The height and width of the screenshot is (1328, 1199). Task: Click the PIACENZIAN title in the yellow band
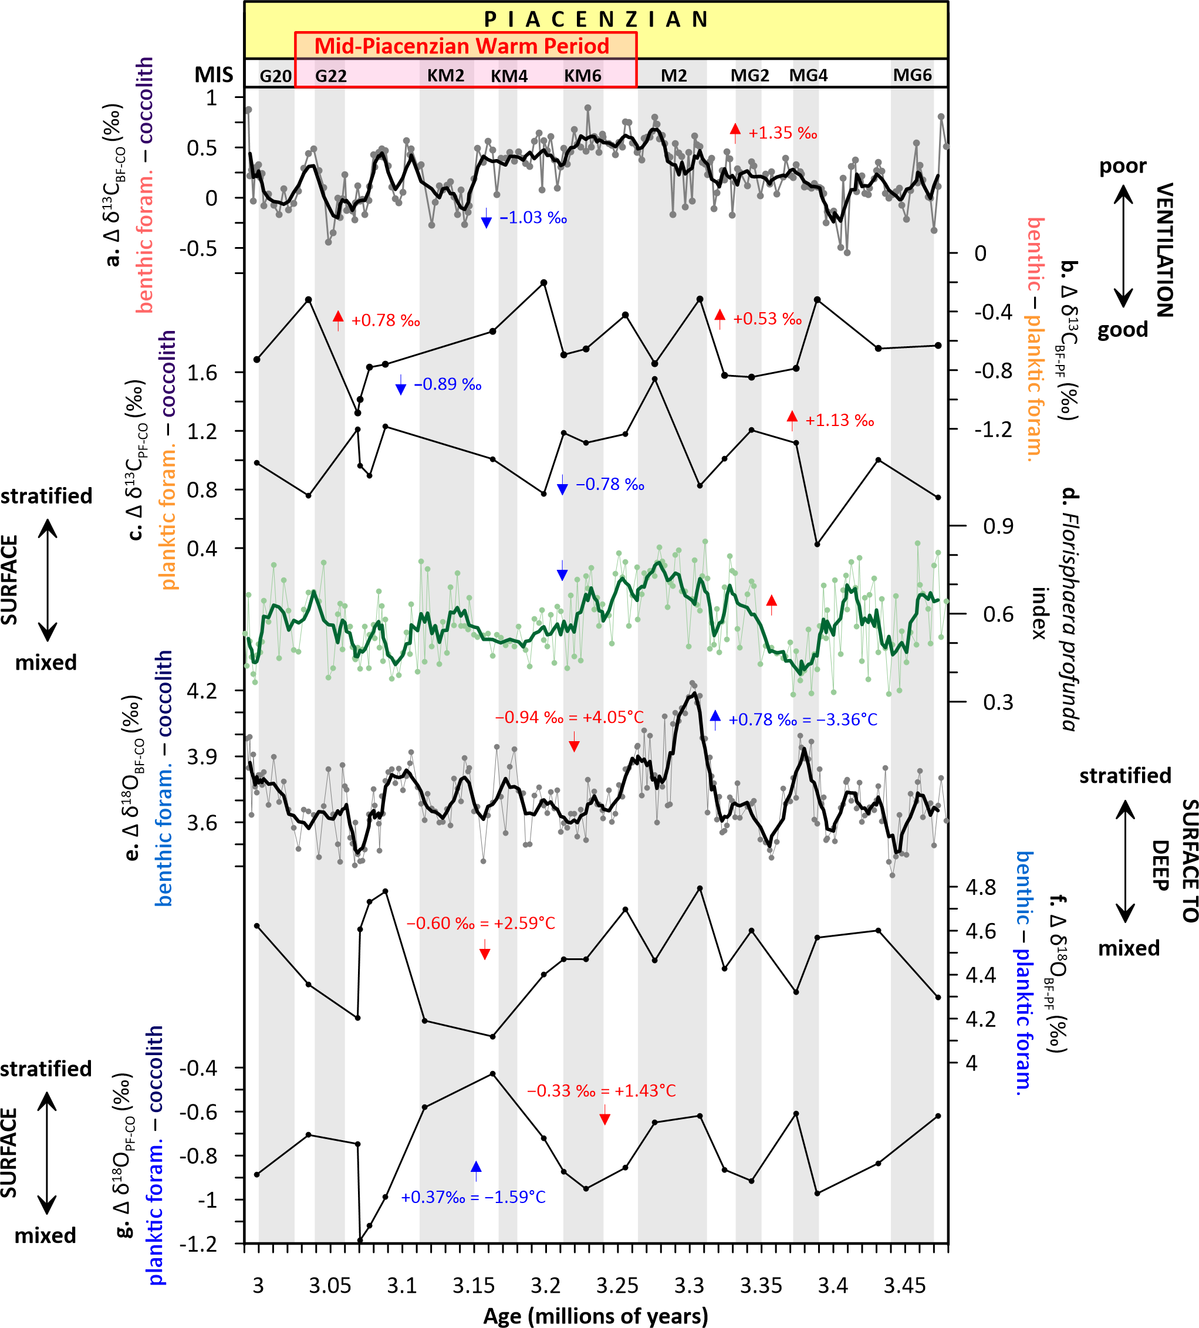click(x=596, y=20)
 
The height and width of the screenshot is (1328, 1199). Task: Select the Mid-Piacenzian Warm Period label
click(x=462, y=46)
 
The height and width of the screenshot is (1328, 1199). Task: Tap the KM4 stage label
click(x=509, y=76)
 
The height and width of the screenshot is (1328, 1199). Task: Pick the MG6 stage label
click(x=913, y=75)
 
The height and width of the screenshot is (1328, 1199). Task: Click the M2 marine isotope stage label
click(x=674, y=76)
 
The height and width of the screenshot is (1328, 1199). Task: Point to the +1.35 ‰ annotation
click(x=783, y=133)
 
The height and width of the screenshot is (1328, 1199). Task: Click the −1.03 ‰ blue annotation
click(x=533, y=218)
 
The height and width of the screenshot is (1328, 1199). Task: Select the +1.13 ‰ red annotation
click(x=839, y=421)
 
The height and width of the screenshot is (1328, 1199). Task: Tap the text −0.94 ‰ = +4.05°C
click(x=569, y=717)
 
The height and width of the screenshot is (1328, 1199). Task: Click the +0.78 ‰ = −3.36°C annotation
click(x=802, y=720)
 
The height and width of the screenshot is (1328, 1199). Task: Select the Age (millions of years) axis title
click(x=596, y=1316)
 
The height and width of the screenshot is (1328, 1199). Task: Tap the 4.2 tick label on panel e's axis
click(x=201, y=691)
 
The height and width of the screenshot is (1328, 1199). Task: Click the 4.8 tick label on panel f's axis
click(x=981, y=888)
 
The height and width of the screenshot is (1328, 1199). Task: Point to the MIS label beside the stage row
click(x=214, y=75)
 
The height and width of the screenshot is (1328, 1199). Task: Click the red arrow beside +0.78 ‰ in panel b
click(x=338, y=320)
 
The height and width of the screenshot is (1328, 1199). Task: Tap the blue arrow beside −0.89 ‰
click(x=400, y=385)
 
